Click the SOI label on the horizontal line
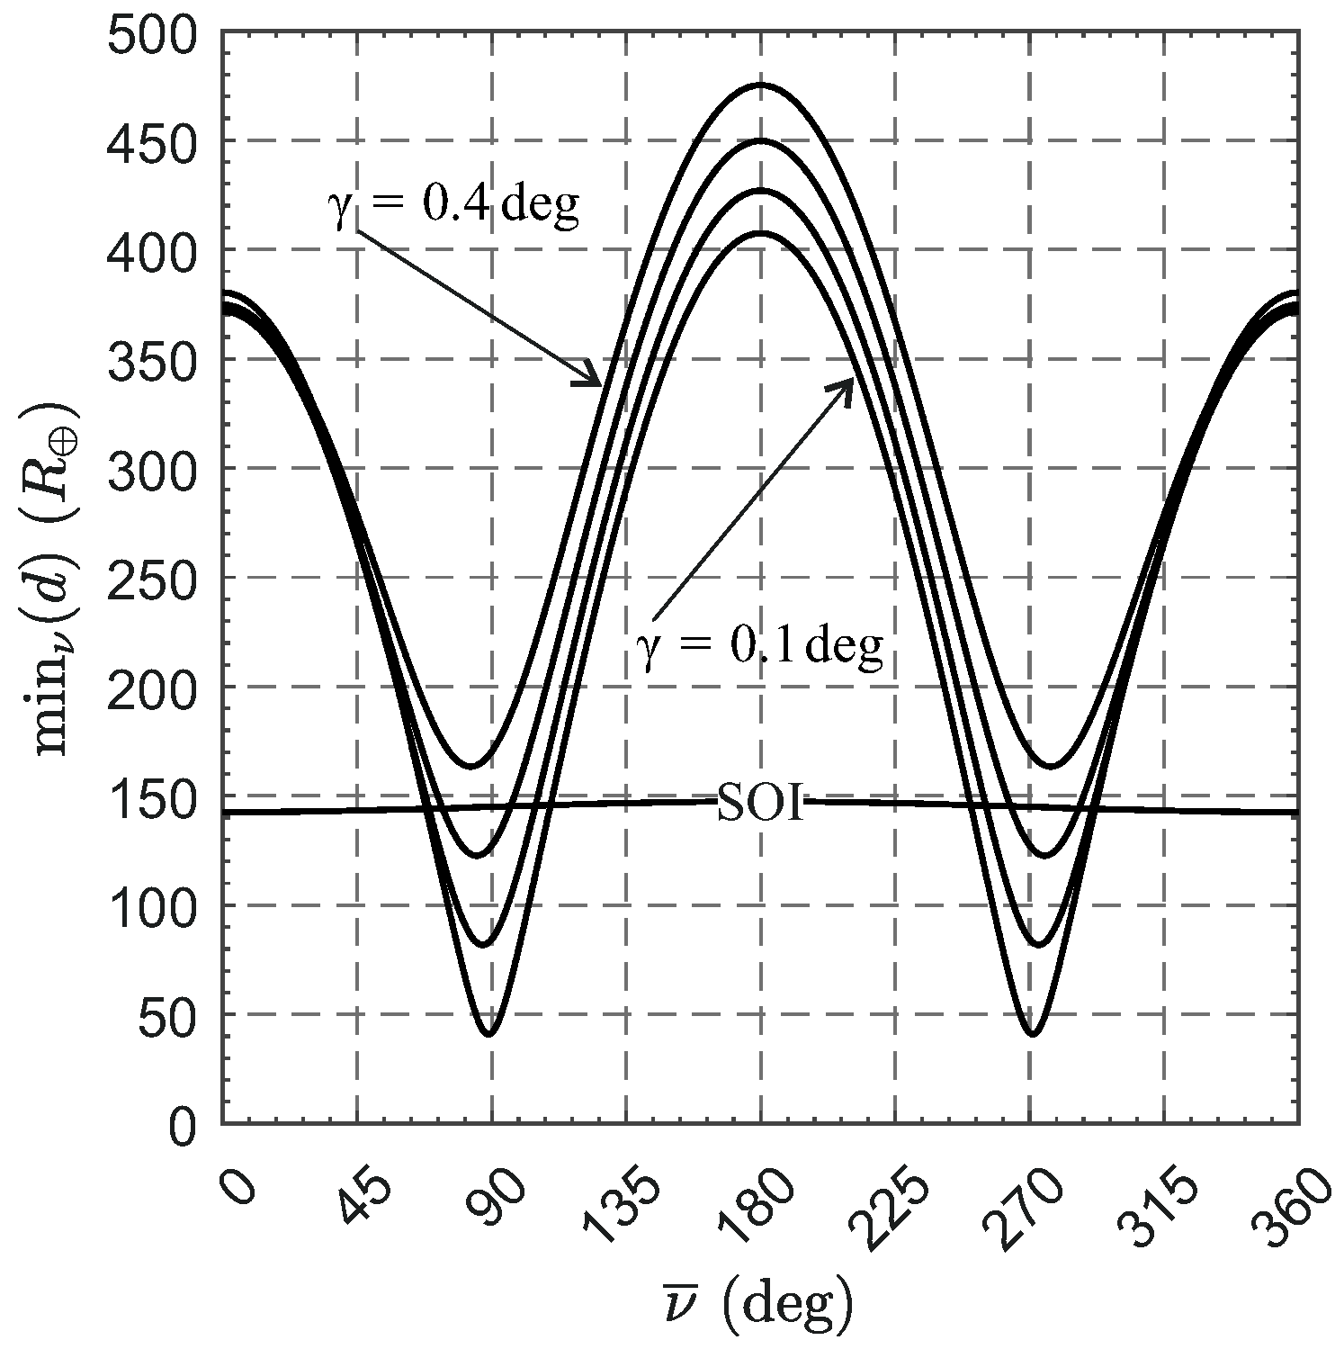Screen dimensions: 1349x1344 (760, 803)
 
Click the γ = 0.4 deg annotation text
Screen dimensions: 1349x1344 (452, 205)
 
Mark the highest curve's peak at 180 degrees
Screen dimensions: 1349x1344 (761, 85)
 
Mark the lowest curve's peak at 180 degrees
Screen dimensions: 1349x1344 (761, 233)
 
